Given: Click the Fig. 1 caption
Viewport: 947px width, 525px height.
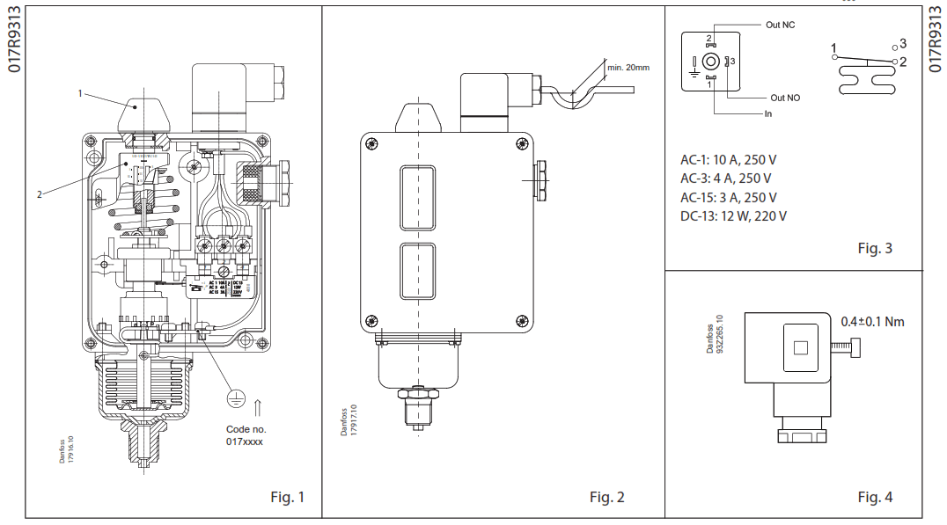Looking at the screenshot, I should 287,497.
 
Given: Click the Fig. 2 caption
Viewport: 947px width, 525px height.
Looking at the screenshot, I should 606,497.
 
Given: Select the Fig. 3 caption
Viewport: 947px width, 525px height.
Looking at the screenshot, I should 875,248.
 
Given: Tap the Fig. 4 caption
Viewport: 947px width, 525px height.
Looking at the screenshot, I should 875,497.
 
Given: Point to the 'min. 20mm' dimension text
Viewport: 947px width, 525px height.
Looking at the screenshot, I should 628,67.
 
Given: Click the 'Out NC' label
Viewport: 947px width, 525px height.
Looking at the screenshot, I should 780,25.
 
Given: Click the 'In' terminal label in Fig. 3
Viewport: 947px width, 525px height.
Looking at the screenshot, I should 767,113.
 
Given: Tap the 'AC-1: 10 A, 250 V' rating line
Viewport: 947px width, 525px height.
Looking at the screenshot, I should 728,160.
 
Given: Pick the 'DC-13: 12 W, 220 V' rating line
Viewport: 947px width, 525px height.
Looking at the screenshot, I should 733,215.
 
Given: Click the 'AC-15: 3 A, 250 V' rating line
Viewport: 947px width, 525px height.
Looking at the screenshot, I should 728,197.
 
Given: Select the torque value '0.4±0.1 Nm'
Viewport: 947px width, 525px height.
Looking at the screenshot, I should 871,321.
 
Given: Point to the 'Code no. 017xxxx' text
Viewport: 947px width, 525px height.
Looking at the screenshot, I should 245,435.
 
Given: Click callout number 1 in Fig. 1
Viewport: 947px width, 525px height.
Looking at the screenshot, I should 79,92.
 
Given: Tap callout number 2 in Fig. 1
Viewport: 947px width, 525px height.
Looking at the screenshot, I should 39,194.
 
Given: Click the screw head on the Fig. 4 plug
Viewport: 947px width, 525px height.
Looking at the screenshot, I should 855,348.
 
